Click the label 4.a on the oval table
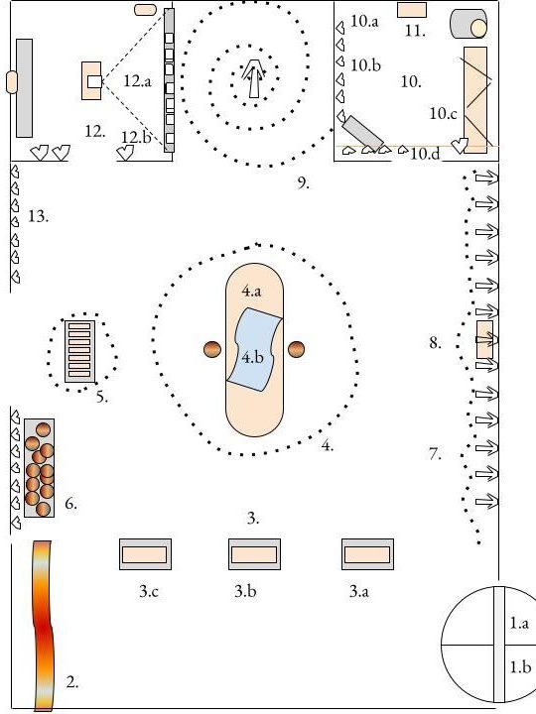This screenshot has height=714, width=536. pyautogui.click(x=251, y=291)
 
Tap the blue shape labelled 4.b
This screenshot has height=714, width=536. pyautogui.click(x=254, y=349)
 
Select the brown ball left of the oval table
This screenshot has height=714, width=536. pyautogui.click(x=212, y=349)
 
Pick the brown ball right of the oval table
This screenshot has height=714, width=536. pyautogui.click(x=296, y=349)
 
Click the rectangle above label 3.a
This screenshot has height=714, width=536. pyautogui.click(x=367, y=554)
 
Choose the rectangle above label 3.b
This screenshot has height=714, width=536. pyautogui.click(x=254, y=554)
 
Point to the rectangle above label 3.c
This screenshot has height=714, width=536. pyautogui.click(x=145, y=554)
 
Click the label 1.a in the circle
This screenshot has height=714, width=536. pyautogui.click(x=519, y=623)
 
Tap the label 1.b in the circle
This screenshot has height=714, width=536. pyautogui.click(x=520, y=667)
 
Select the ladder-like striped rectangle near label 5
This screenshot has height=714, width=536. pyautogui.click(x=79, y=351)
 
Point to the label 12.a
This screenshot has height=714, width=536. pyautogui.click(x=137, y=81)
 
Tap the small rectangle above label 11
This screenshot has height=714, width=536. pyautogui.click(x=412, y=10)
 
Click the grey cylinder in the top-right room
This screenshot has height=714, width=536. pyautogui.click(x=469, y=24)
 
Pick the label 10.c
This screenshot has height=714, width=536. pyautogui.click(x=443, y=113)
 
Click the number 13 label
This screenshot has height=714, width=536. pyautogui.click(x=39, y=216)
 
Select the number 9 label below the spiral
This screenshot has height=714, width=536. pyautogui.click(x=303, y=182)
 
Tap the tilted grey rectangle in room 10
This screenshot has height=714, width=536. pyautogui.click(x=363, y=133)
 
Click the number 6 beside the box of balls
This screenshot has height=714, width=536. pyautogui.click(x=70, y=503)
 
